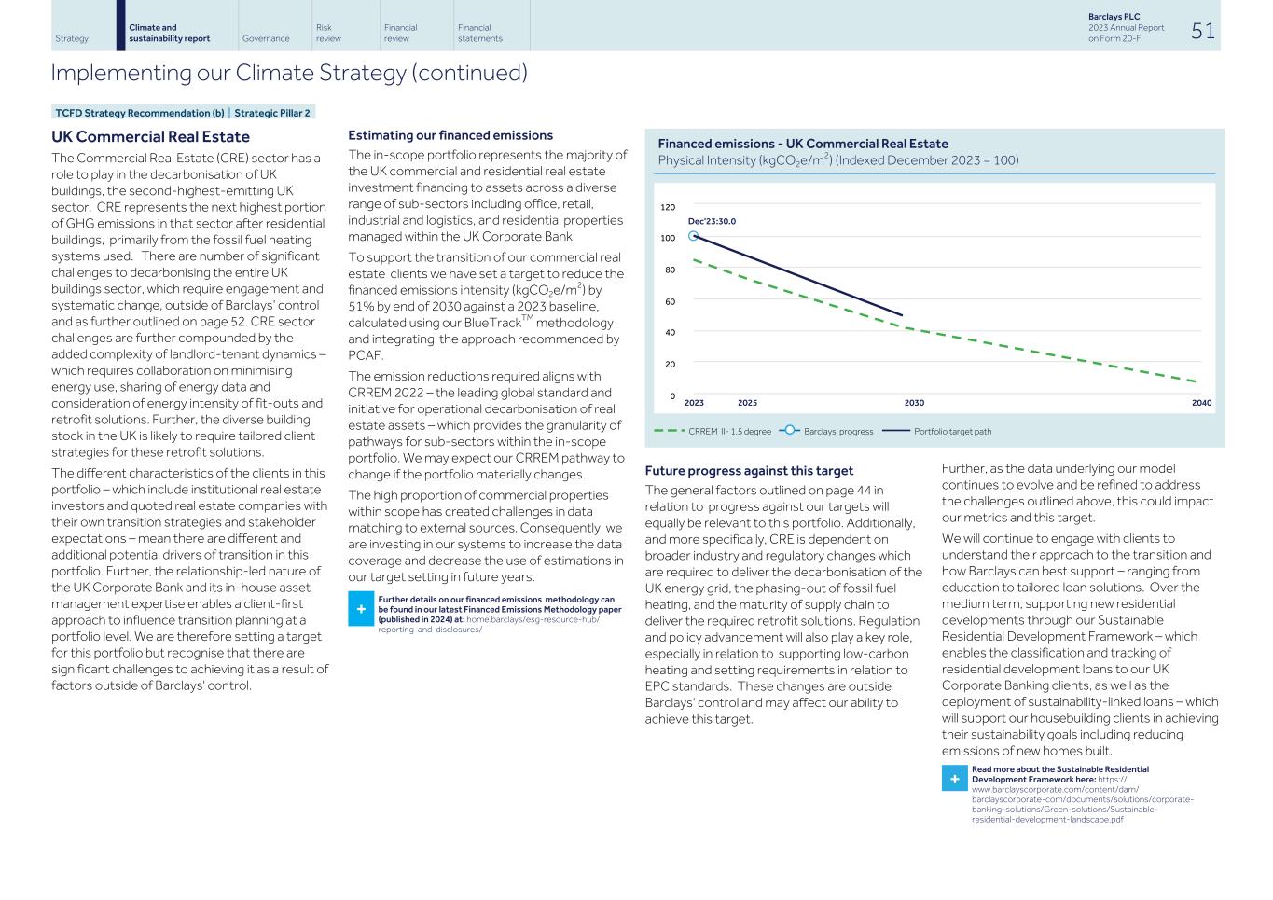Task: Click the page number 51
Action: pos(1202,31)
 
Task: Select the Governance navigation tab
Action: pos(265,39)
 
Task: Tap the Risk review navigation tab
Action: pos(328,34)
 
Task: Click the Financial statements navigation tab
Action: pos(479,34)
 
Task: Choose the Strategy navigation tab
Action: pos(72,39)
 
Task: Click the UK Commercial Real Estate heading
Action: pos(150,137)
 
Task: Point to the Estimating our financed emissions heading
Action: pos(450,135)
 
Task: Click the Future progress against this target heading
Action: pos(749,471)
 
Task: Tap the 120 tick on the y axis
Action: pos(668,207)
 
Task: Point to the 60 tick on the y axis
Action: pos(670,302)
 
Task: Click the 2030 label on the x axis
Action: pos(914,403)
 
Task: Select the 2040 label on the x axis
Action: pos(1201,403)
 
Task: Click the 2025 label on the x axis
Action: pos(747,403)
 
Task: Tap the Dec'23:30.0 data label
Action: pos(712,222)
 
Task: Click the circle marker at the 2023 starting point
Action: pos(693,236)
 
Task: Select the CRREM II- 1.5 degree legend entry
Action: pos(713,432)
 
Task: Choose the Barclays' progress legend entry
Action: pos(825,432)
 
